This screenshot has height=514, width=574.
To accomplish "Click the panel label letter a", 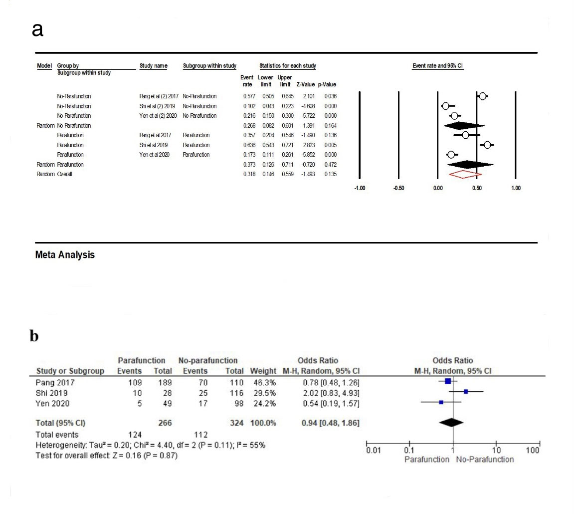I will click(37, 30).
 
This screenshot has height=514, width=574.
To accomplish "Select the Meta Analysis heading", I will click(65, 255).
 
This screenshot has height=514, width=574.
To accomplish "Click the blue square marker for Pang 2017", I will click(447, 381).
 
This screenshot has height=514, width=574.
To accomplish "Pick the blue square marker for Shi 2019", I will click(466, 392).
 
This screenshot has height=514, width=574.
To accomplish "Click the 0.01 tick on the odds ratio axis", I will click(371, 450).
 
